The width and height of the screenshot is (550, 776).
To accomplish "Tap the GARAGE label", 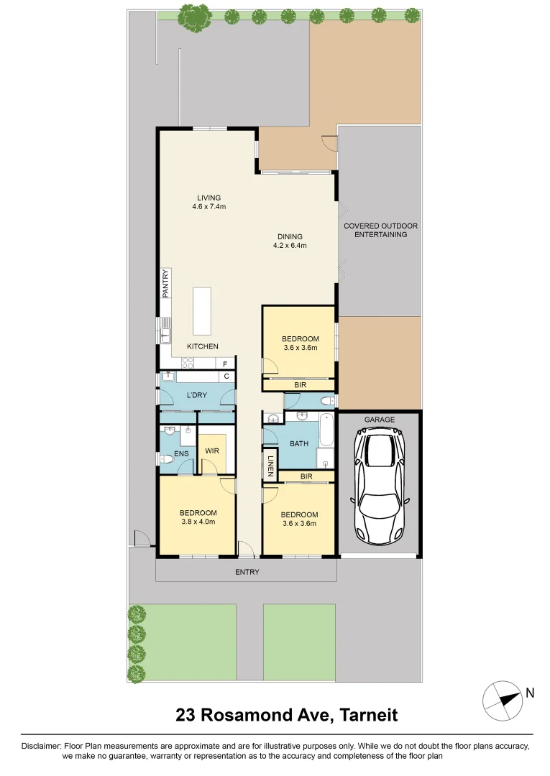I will click(379, 419).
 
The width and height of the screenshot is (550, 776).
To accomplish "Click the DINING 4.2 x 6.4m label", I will click(290, 241).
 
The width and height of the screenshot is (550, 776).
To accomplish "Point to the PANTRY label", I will click(165, 284).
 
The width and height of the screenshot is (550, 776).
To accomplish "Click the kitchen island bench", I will click(202, 310).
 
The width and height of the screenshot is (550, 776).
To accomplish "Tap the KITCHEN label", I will click(202, 346).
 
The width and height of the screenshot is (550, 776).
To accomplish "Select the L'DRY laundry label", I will click(197, 397).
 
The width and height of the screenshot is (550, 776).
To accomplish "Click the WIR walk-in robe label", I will click(211, 451).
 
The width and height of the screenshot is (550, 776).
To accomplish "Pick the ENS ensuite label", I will click(181, 453).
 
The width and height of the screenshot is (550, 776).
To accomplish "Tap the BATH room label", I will click(298, 443).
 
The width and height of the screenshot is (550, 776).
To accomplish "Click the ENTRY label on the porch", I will click(247, 572).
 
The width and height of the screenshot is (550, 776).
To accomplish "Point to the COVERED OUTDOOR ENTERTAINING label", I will click(380, 230).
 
